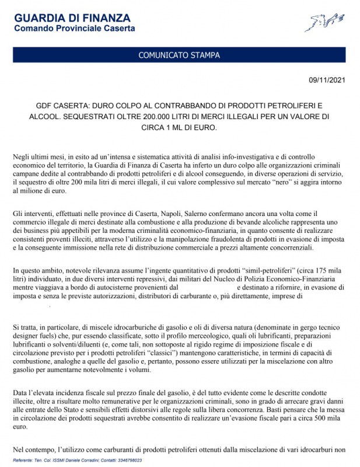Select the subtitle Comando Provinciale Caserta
tap(74, 28)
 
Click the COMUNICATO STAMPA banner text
tap(179, 55)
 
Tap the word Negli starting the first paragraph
tap(22, 158)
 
